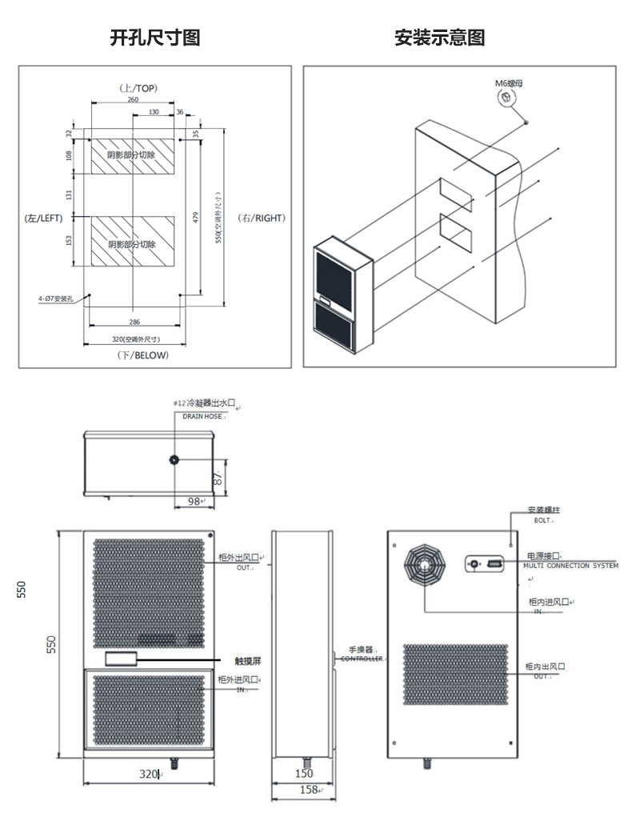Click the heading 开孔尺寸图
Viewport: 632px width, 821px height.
(x=154, y=38)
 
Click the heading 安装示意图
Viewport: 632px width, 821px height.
(x=439, y=38)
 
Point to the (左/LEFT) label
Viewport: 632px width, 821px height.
(x=43, y=217)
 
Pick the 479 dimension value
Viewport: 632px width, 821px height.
(x=196, y=217)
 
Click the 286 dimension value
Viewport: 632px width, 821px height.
(x=134, y=322)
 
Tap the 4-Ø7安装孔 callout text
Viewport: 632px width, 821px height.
(x=55, y=298)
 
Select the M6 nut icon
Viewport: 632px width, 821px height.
(x=506, y=98)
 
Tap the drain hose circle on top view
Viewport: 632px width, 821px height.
(x=174, y=460)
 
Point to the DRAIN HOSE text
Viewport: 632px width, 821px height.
(x=202, y=417)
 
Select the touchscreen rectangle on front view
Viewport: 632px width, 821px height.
(x=120, y=659)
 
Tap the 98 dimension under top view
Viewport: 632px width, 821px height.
(x=194, y=501)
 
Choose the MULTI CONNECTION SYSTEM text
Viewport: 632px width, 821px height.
(x=570, y=565)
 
